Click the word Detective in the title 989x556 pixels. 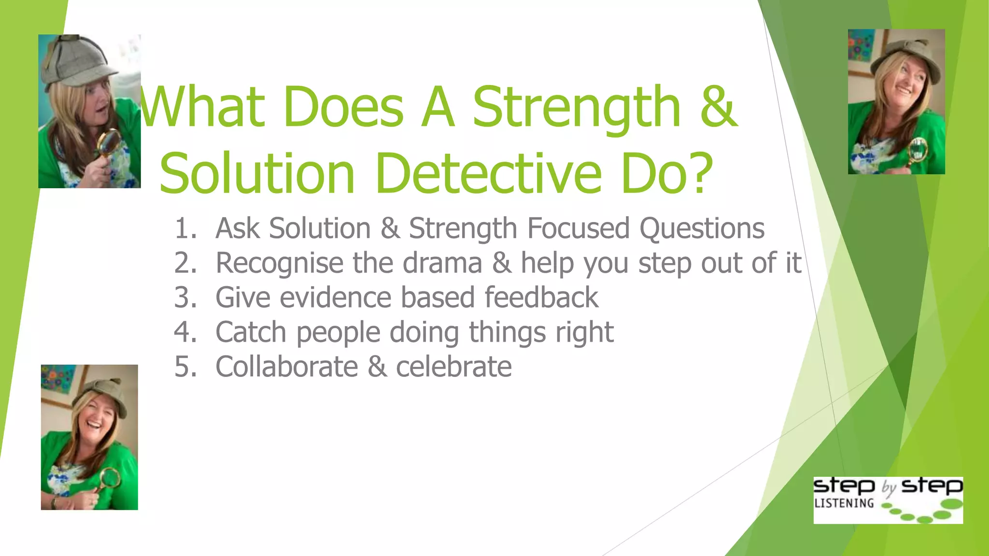tap(488, 173)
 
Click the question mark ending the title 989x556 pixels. tap(699, 173)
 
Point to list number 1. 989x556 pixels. tap(186, 228)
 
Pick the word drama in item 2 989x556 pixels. tap(442, 263)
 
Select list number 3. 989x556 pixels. tap(186, 297)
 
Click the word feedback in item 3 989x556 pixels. tap(541, 297)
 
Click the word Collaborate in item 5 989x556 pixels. tap(286, 367)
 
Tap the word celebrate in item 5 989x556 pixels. tap(454, 367)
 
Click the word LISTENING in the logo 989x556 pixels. tap(844, 503)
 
